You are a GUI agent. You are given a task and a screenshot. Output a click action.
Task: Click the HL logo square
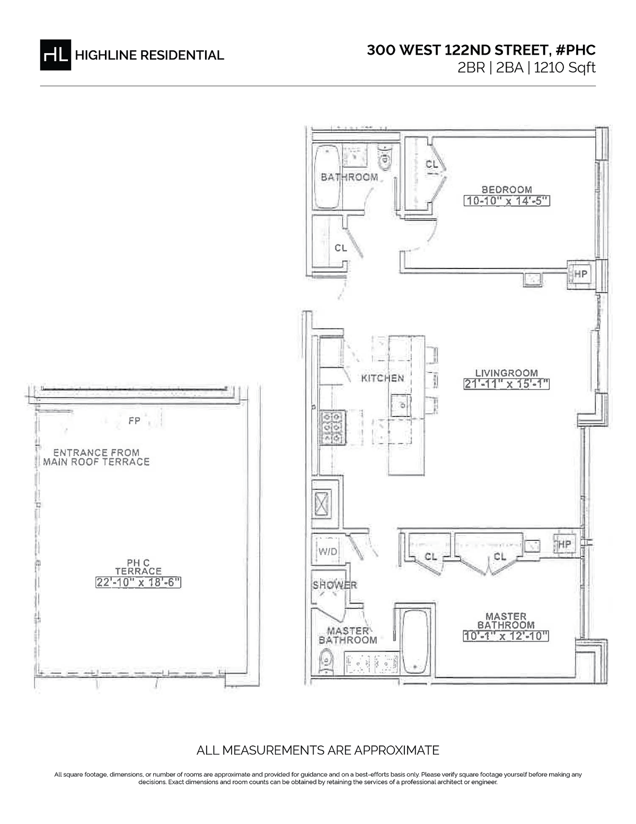pyautogui.click(x=55, y=55)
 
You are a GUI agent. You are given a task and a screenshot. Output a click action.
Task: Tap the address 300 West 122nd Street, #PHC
pyautogui.click(x=481, y=50)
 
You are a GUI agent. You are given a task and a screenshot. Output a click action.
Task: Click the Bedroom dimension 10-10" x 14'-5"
pyautogui.click(x=506, y=201)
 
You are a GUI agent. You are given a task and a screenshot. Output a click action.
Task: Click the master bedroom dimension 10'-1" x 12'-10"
pyautogui.click(x=505, y=636)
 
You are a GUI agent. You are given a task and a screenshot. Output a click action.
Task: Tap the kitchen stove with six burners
pyautogui.click(x=332, y=428)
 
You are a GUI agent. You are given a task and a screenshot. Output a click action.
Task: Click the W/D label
pyautogui.click(x=328, y=552)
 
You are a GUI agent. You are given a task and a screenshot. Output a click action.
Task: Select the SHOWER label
pyautogui.click(x=334, y=585)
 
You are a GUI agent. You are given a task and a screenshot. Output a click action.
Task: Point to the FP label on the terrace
pyautogui.click(x=134, y=421)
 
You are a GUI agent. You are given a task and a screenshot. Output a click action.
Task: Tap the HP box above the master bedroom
pyautogui.click(x=565, y=544)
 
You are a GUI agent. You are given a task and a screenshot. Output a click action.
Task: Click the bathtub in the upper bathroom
pyautogui.click(x=328, y=178)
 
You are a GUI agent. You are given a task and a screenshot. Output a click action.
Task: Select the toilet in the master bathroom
pyautogui.click(x=324, y=663)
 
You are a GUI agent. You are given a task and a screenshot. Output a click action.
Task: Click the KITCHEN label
pyautogui.click(x=382, y=378)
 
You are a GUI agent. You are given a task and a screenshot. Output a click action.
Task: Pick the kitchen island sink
pyautogui.click(x=401, y=406)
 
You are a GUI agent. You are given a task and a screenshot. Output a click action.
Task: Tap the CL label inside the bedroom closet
pyautogui.click(x=432, y=165)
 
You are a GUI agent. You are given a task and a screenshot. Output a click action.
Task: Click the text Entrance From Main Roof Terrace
pyautogui.click(x=96, y=457)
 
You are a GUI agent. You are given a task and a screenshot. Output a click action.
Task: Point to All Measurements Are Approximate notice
pyautogui.click(x=318, y=750)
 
